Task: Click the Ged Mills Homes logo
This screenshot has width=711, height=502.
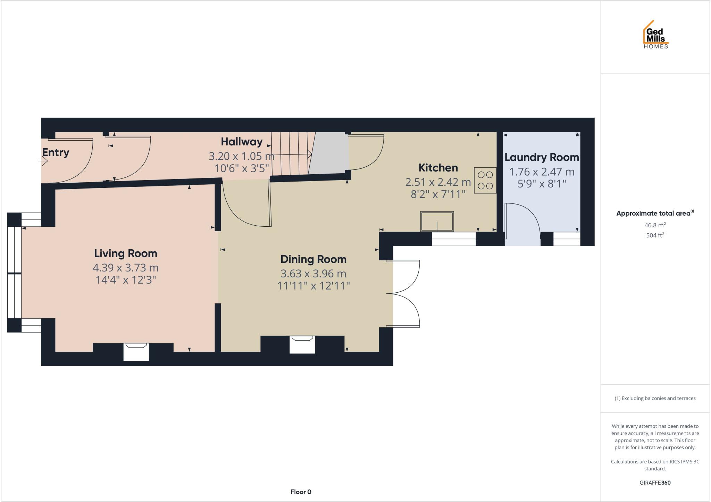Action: [x=656, y=35]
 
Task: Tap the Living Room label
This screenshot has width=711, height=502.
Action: [x=126, y=253]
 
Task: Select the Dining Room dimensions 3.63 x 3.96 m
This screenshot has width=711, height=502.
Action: [x=313, y=274]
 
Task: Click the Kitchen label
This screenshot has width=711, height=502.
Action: [x=438, y=168]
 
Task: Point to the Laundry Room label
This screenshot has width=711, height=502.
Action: [x=542, y=158]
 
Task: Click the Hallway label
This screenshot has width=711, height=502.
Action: [x=242, y=142]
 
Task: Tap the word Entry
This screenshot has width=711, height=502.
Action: [x=56, y=152]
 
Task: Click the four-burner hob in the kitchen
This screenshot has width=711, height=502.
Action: [x=485, y=181]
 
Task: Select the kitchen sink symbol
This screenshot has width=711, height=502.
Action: [x=437, y=221]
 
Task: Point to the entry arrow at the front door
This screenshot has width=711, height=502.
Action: [x=43, y=161]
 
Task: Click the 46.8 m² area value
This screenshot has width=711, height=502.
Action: [x=655, y=225]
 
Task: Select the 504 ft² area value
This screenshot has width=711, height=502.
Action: [x=655, y=235]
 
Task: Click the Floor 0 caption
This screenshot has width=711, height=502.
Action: [x=301, y=492]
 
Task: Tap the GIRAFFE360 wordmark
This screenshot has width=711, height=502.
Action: [x=655, y=483]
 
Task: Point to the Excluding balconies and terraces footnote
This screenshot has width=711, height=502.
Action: [x=655, y=398]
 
